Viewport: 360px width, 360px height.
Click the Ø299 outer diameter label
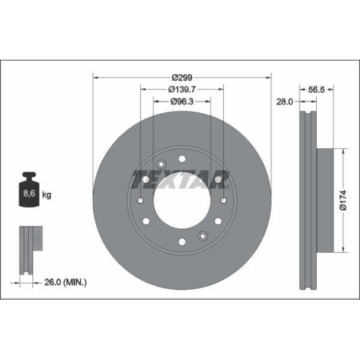click(181, 77)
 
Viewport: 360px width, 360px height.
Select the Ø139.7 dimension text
click(181, 89)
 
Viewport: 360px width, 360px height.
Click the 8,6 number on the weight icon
click(30, 194)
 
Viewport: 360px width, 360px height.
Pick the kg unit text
click(48, 195)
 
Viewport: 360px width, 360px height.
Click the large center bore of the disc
click(181, 199)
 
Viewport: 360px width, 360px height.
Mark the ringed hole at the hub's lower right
click(204, 235)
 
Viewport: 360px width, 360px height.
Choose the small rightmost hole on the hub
click(224, 199)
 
